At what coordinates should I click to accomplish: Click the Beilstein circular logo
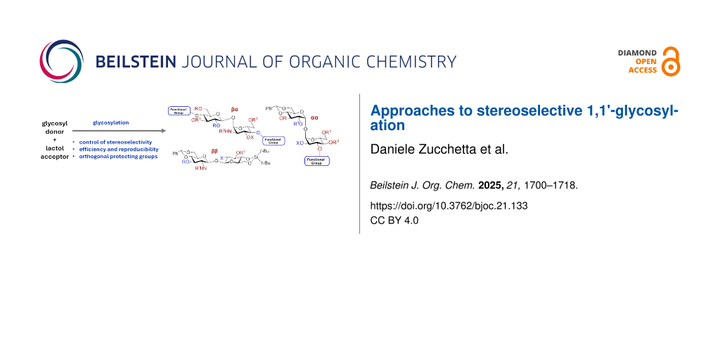(61, 61)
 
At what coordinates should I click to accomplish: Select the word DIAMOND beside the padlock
(637, 53)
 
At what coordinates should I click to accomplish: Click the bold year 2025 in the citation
(489, 186)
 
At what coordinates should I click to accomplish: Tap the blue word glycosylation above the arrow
(111, 122)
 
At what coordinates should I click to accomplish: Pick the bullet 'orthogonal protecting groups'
(119, 156)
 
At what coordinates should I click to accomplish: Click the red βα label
(235, 110)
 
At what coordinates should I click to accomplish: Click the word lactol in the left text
(55, 148)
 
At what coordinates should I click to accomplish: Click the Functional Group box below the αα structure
(316, 161)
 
